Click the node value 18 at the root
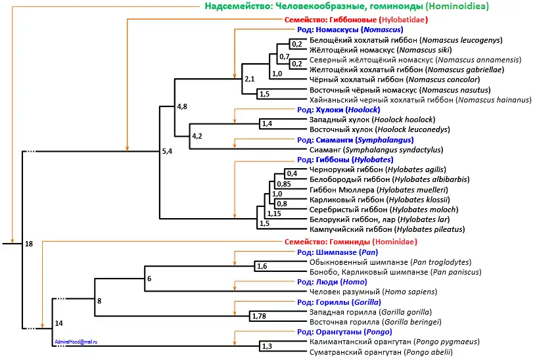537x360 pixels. pos(28,244)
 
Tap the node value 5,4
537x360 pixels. pos(168,152)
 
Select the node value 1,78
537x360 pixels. pos(259,317)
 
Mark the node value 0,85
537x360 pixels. pos(282,184)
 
